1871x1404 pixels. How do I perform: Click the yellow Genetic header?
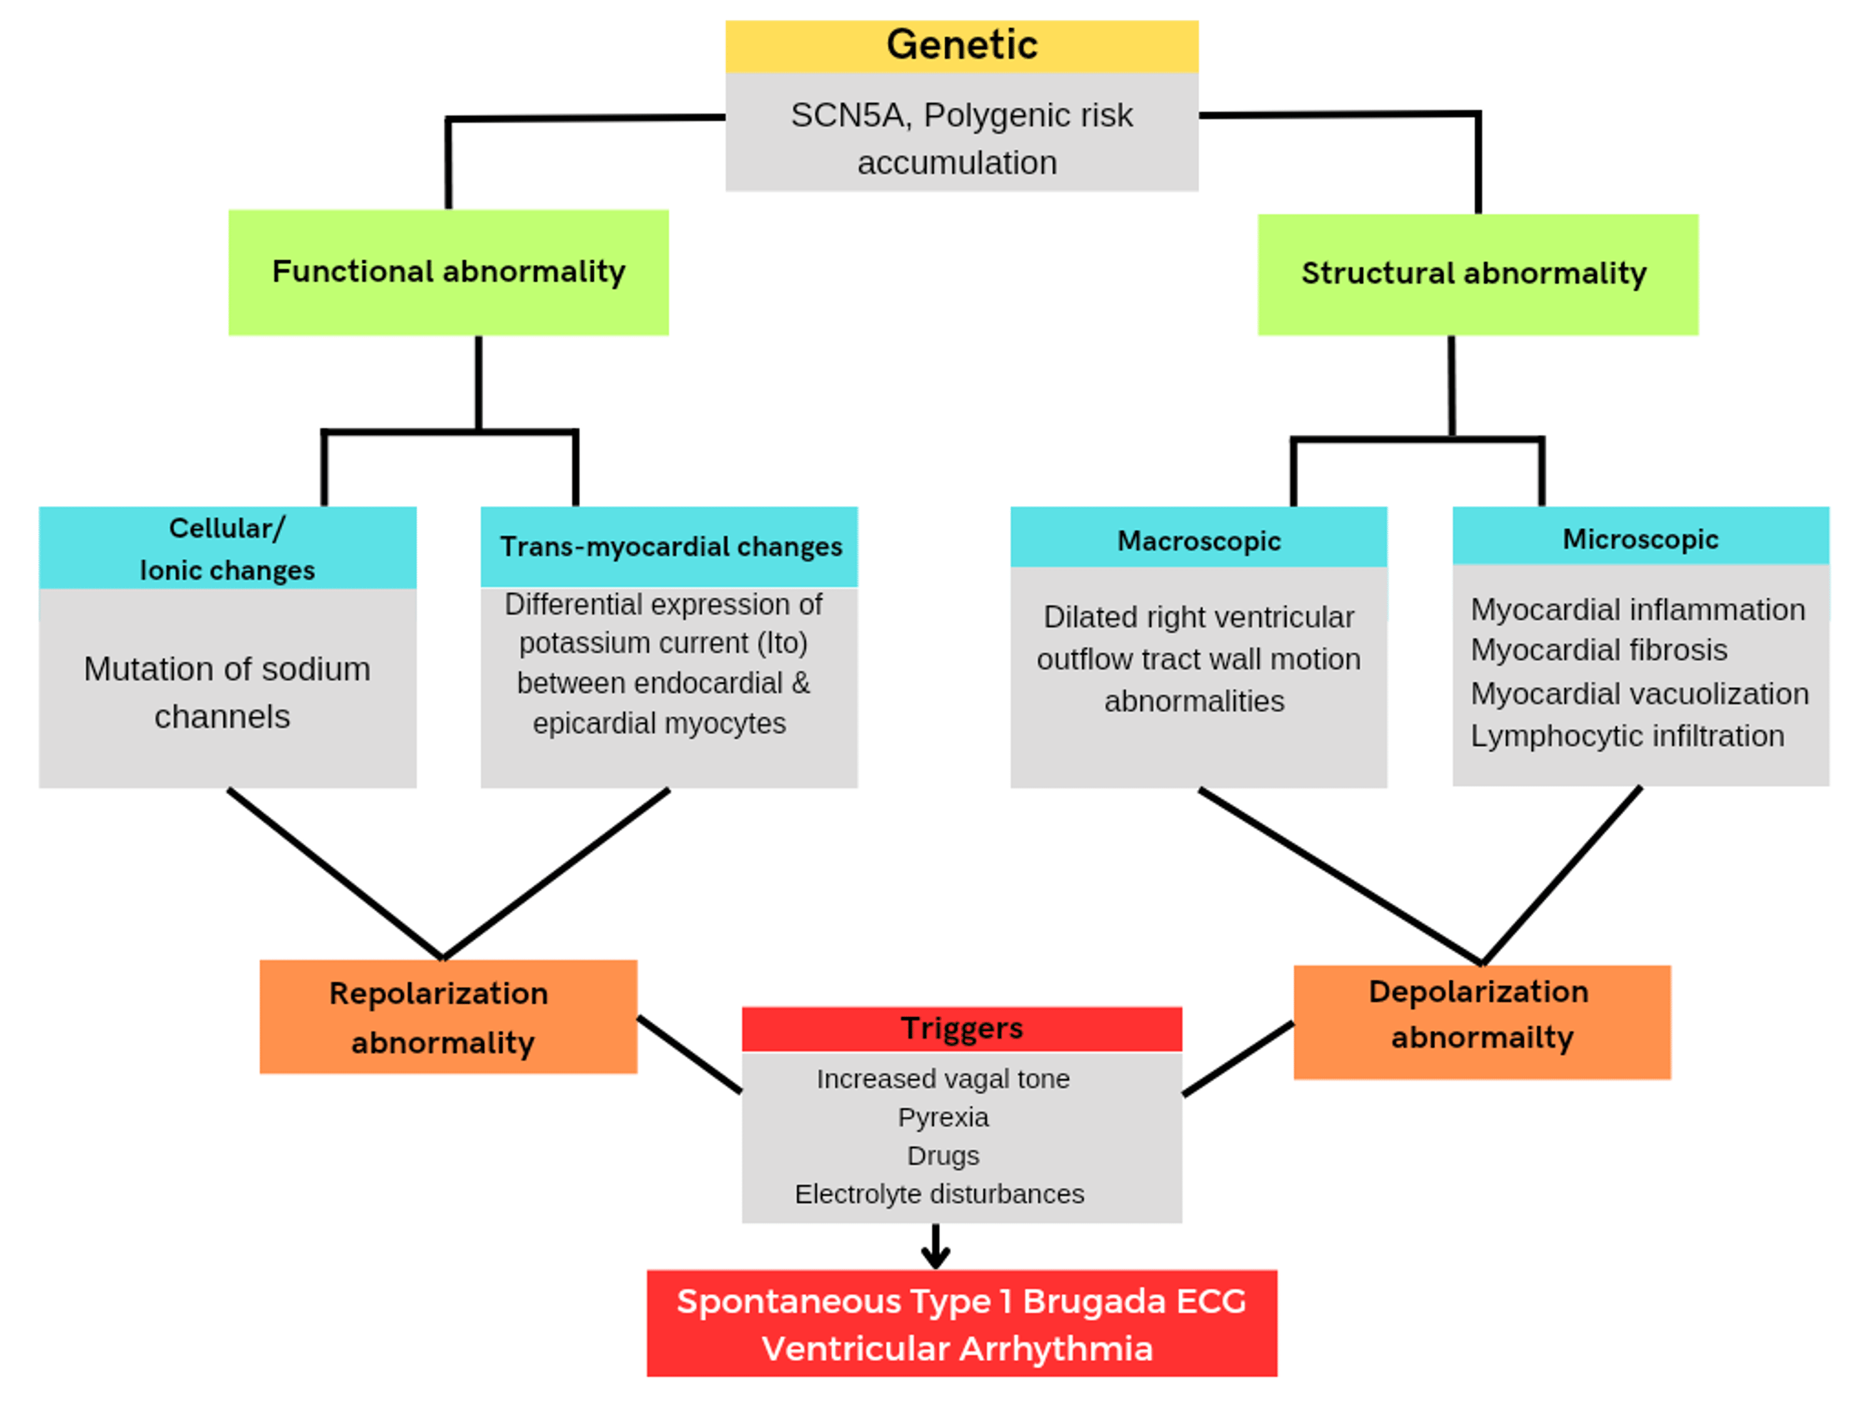[x=961, y=46]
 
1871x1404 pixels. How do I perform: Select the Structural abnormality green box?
[x=1477, y=273]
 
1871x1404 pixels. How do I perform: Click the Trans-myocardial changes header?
[x=670, y=547]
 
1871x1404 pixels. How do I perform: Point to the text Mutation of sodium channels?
[x=226, y=691]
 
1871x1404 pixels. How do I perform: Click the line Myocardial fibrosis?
[x=1598, y=650]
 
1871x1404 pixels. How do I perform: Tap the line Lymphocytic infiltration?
[x=1627, y=736]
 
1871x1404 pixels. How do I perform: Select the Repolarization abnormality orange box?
[x=447, y=1016]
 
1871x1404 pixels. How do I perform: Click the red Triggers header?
[x=961, y=1028]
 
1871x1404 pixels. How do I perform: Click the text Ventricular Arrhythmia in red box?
[x=957, y=1348]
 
